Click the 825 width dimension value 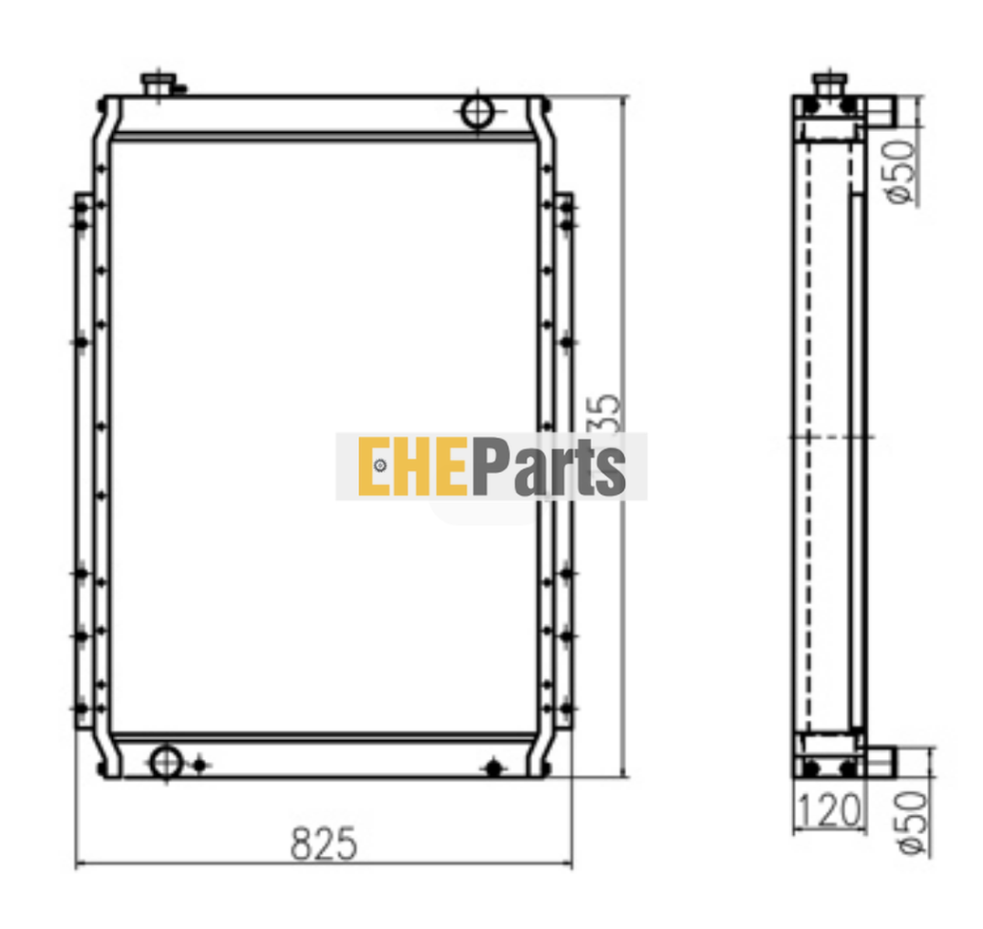pos(324,844)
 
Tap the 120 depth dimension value pos(827,810)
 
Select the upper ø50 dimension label pos(901,170)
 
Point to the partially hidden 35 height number pos(611,410)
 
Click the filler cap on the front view pos(158,85)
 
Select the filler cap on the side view pos(830,84)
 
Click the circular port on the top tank pos(477,112)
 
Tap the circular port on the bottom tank pos(166,760)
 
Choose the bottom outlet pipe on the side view pos(880,760)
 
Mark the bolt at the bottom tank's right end pos(493,768)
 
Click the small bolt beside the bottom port pos(198,764)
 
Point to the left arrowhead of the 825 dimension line pos(80,864)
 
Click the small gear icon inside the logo pos(380,465)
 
